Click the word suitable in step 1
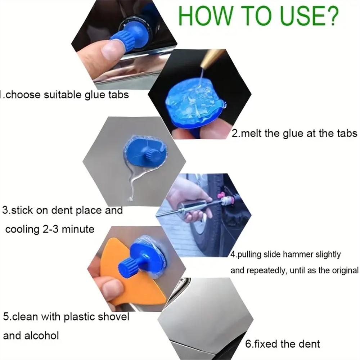(x=64, y=95)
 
